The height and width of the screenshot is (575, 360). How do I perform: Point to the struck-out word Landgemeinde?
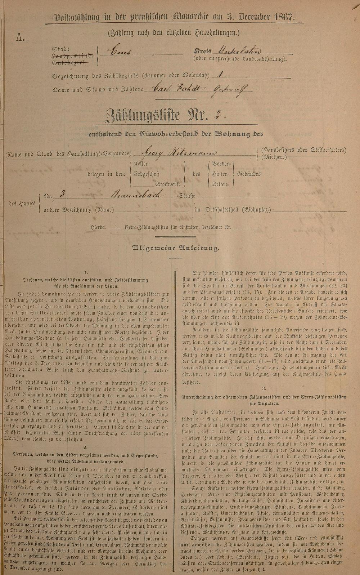click(73, 56)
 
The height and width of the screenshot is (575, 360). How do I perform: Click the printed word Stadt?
click(60, 49)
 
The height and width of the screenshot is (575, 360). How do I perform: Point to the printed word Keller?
click(140, 164)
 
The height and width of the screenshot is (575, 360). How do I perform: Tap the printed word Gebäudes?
click(249, 174)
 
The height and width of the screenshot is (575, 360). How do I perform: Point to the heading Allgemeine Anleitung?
click(176, 248)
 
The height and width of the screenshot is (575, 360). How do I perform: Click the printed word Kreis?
click(202, 51)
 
